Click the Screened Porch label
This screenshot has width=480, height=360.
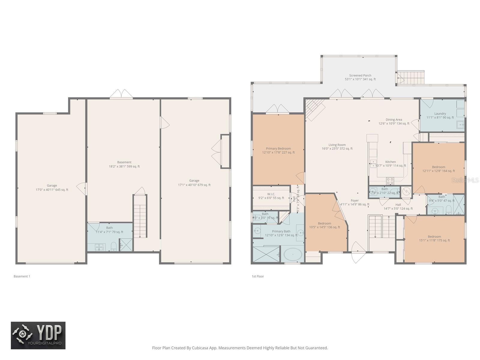click(x=360, y=77)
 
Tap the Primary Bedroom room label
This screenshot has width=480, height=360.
click(x=278, y=150)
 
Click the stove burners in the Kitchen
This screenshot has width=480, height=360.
click(x=390, y=181)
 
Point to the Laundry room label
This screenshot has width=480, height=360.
click(x=440, y=115)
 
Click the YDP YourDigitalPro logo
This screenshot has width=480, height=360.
click(x=38, y=335)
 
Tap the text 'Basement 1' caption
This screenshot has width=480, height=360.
click(x=22, y=276)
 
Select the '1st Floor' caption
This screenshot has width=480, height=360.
click(x=258, y=276)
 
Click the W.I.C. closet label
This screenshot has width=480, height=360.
click(x=271, y=196)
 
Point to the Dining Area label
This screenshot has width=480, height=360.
click(x=394, y=121)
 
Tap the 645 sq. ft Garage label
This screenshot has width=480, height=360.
click(x=52, y=187)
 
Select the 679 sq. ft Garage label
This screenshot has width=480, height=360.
click(x=194, y=183)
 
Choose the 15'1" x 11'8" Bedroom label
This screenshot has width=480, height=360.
click(x=434, y=238)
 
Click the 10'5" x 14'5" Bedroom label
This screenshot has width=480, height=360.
click(x=324, y=225)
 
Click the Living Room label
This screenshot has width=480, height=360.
click(x=337, y=146)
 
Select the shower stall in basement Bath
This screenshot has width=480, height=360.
click(x=126, y=245)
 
